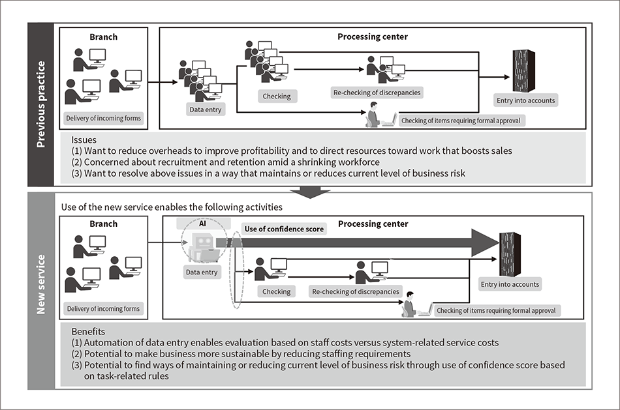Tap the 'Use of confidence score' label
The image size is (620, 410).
(x=283, y=229)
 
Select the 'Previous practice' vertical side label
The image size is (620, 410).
(x=42, y=104)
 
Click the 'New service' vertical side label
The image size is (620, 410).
(x=42, y=284)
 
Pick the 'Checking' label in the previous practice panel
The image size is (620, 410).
(x=277, y=96)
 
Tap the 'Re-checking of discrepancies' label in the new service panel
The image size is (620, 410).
(x=355, y=292)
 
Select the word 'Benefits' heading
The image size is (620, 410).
(x=88, y=331)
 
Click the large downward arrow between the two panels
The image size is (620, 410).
(x=310, y=191)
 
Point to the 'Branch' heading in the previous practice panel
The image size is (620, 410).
(x=104, y=38)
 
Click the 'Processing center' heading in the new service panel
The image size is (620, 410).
(x=373, y=224)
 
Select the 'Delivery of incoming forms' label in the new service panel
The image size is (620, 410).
(x=104, y=308)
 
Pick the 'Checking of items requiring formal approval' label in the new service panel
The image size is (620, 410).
(x=496, y=311)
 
